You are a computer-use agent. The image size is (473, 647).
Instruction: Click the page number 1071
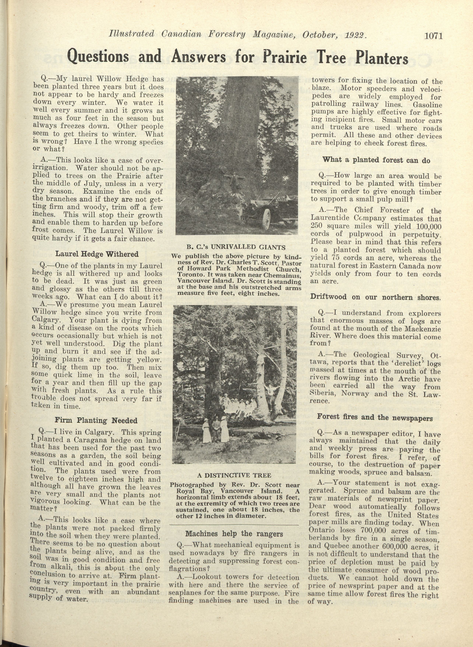tap(434, 36)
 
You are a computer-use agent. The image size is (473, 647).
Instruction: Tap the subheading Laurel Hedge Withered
tap(97, 254)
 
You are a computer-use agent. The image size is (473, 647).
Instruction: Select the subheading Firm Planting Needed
tap(96, 420)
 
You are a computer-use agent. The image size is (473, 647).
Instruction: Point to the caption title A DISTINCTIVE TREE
tap(234, 476)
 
